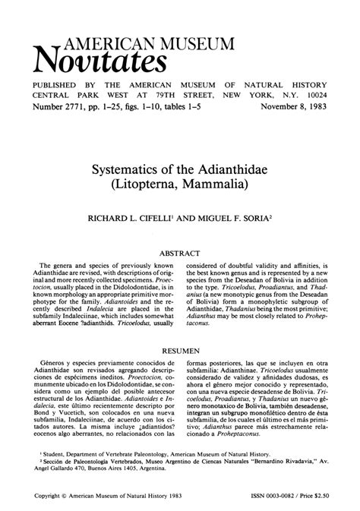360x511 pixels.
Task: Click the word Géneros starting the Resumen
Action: click(x=52, y=366)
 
